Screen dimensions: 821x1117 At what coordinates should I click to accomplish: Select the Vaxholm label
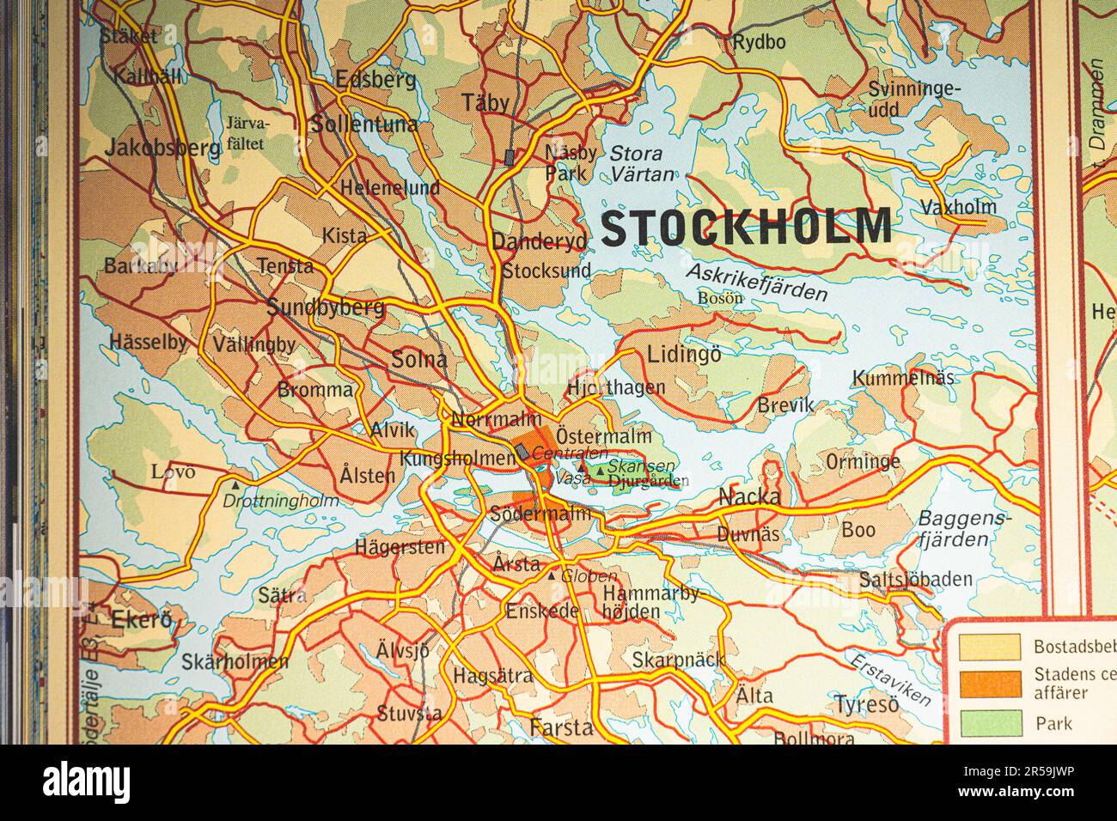[958, 207]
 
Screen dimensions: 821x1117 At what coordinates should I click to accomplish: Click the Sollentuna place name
[364, 125]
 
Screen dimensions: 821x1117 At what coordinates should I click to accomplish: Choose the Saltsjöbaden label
[916, 580]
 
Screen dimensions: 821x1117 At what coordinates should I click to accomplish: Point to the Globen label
[589, 576]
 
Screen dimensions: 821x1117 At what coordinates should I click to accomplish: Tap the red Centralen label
[569, 453]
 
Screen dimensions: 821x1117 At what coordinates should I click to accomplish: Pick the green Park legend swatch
[991, 723]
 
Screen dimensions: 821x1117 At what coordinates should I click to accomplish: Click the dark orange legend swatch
[991, 684]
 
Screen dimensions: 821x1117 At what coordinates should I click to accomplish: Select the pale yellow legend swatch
[991, 647]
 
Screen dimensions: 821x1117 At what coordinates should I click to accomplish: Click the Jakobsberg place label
[162, 148]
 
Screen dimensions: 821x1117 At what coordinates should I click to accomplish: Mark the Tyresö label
[866, 705]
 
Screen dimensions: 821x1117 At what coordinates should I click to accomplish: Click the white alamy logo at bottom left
[87, 783]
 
